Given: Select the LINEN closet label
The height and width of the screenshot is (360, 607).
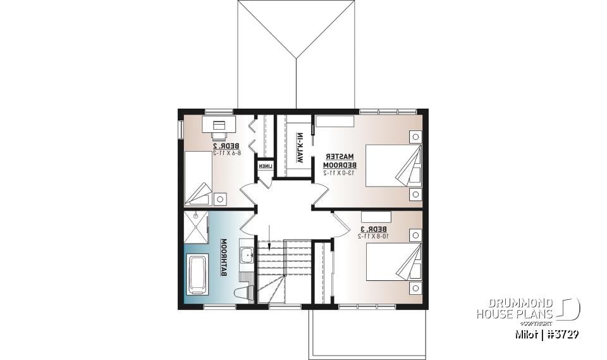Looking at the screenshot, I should (264, 166).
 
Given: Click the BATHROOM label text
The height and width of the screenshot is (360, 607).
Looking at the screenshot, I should (224, 258).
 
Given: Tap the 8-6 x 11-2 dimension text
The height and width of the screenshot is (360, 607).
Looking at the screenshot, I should (224, 153).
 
